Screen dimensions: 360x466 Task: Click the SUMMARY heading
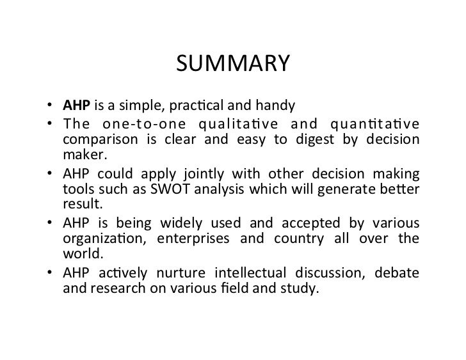232,65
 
